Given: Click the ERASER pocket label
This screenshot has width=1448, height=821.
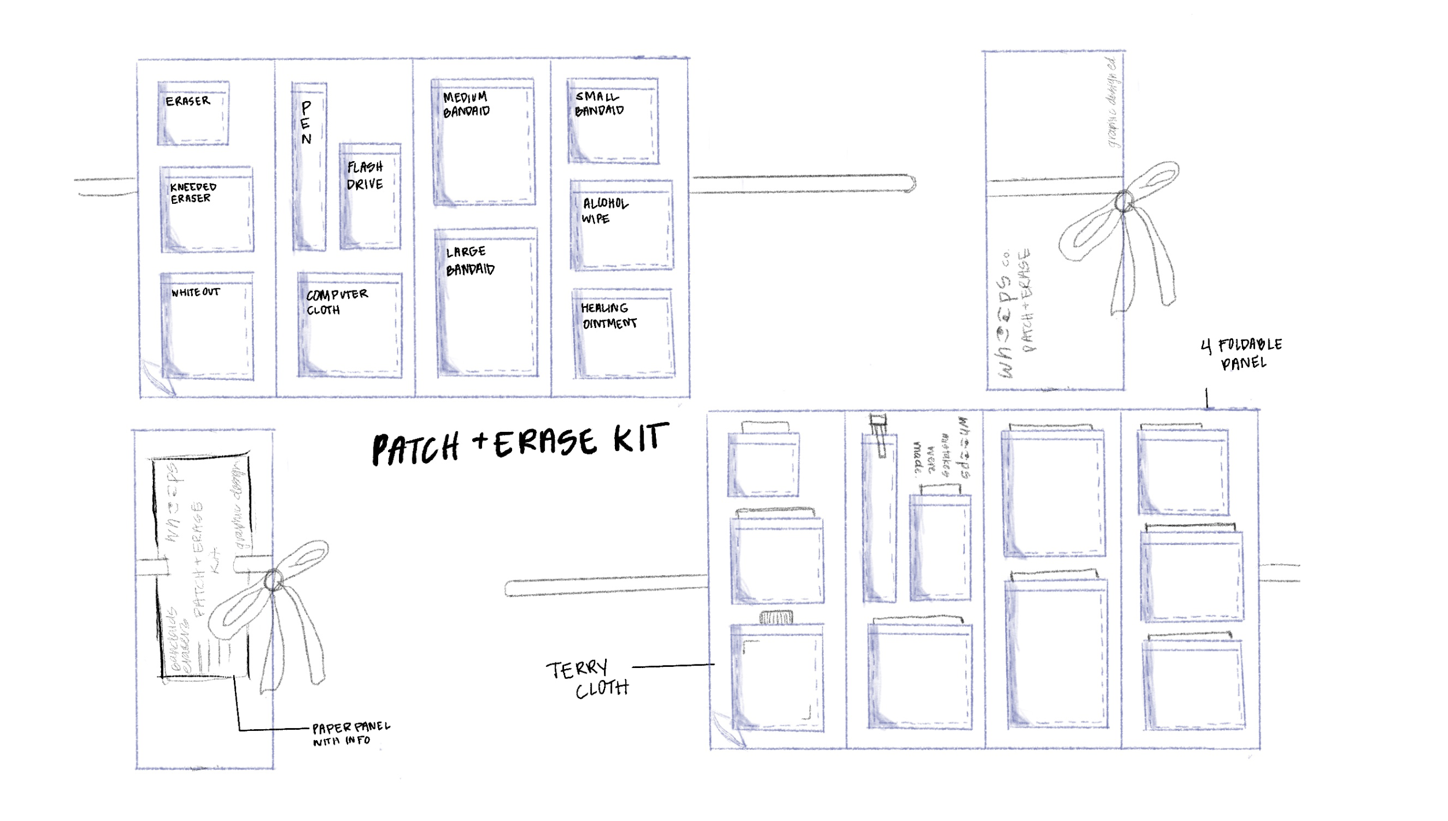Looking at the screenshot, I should (188, 102).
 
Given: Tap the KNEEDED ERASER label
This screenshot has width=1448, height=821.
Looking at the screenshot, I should (193, 193).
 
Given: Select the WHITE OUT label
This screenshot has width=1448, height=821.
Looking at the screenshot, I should (195, 292).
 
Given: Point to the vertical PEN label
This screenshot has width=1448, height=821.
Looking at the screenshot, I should (306, 123).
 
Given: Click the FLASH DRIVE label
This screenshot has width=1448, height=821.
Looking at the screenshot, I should (365, 176).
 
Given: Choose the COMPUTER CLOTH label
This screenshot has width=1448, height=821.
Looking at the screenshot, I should (337, 302).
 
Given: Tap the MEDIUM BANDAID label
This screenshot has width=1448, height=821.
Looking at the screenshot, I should (466, 105).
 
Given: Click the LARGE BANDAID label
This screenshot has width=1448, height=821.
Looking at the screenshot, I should (470, 261).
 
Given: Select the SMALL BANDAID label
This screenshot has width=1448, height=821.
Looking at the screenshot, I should (599, 104).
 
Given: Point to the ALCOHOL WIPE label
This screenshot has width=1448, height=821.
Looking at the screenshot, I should (604, 211).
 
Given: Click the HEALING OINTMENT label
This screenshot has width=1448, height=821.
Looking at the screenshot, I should (609, 316).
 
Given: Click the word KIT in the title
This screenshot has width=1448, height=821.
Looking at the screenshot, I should (641, 439).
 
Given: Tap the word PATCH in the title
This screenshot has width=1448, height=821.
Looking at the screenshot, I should (415, 449).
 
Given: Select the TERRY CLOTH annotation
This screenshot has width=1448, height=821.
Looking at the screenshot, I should (587, 679).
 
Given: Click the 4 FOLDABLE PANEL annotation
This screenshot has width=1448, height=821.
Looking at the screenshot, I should (1241, 353).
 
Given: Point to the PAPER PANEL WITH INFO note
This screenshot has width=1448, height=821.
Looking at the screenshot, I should (350, 733).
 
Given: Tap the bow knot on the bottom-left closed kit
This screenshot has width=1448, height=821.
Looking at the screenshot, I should (273, 580).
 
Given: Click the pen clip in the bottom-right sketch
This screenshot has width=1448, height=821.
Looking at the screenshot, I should (879, 436).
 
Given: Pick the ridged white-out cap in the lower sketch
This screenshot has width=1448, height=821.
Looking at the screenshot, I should (776, 618).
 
